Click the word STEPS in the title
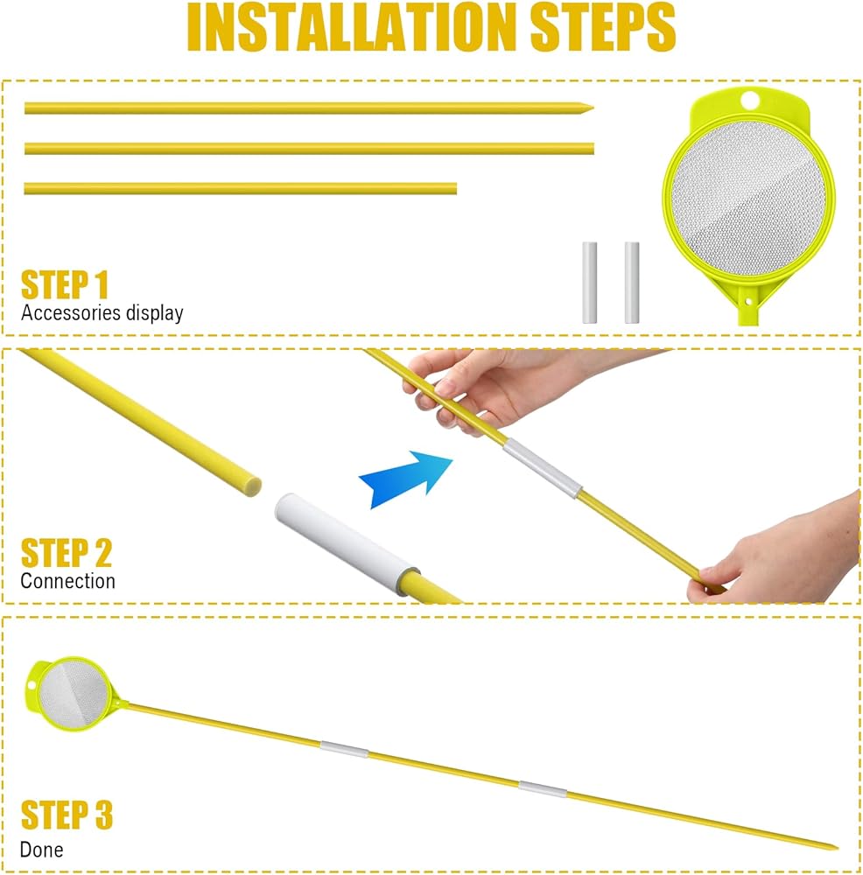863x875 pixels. coord(603,27)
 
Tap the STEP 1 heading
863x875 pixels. coord(64,285)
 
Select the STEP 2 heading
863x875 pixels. coord(67,553)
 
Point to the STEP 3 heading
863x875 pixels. coord(67,815)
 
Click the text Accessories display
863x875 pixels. coord(102,313)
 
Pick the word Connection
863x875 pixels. coord(67,581)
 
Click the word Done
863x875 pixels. coord(41,850)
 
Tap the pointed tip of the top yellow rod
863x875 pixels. coord(593,108)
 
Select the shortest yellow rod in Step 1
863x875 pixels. coord(241,189)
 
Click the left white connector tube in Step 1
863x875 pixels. coord(589,283)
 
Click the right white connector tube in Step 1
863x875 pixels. coord(632,283)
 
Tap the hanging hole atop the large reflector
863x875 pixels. coord(750,101)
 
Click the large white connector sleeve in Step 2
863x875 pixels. coord(347,543)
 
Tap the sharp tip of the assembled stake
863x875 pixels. coord(837,848)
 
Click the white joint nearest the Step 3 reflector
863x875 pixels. coord(345,749)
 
